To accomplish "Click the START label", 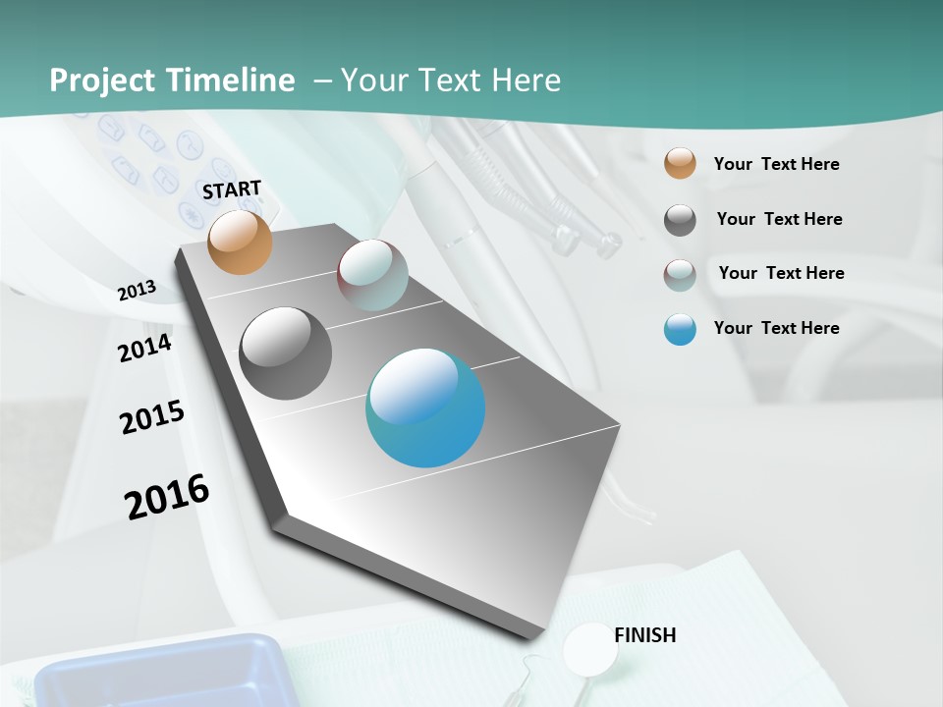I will pyautogui.click(x=232, y=190).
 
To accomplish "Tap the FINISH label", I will pyautogui.click(x=644, y=635).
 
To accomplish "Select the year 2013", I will pyautogui.click(x=137, y=291).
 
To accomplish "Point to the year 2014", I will pyautogui.click(x=144, y=348).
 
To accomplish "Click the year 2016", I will pyautogui.click(x=167, y=496).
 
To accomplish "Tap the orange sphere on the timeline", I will pyautogui.click(x=240, y=242).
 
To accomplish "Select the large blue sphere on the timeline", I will pyautogui.click(x=425, y=408).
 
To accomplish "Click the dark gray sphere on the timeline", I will pyautogui.click(x=285, y=353).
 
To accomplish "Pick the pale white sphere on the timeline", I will pyautogui.click(x=372, y=275).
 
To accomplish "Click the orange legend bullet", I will pyautogui.click(x=680, y=164).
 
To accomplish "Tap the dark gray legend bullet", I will pyautogui.click(x=680, y=220).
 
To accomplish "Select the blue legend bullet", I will pyautogui.click(x=680, y=329).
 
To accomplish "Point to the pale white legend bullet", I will pyautogui.click(x=680, y=275).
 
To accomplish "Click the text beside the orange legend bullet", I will pyautogui.click(x=776, y=164).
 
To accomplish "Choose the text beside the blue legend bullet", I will pyautogui.click(x=776, y=328).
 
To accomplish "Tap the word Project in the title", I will pyautogui.click(x=102, y=81).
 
